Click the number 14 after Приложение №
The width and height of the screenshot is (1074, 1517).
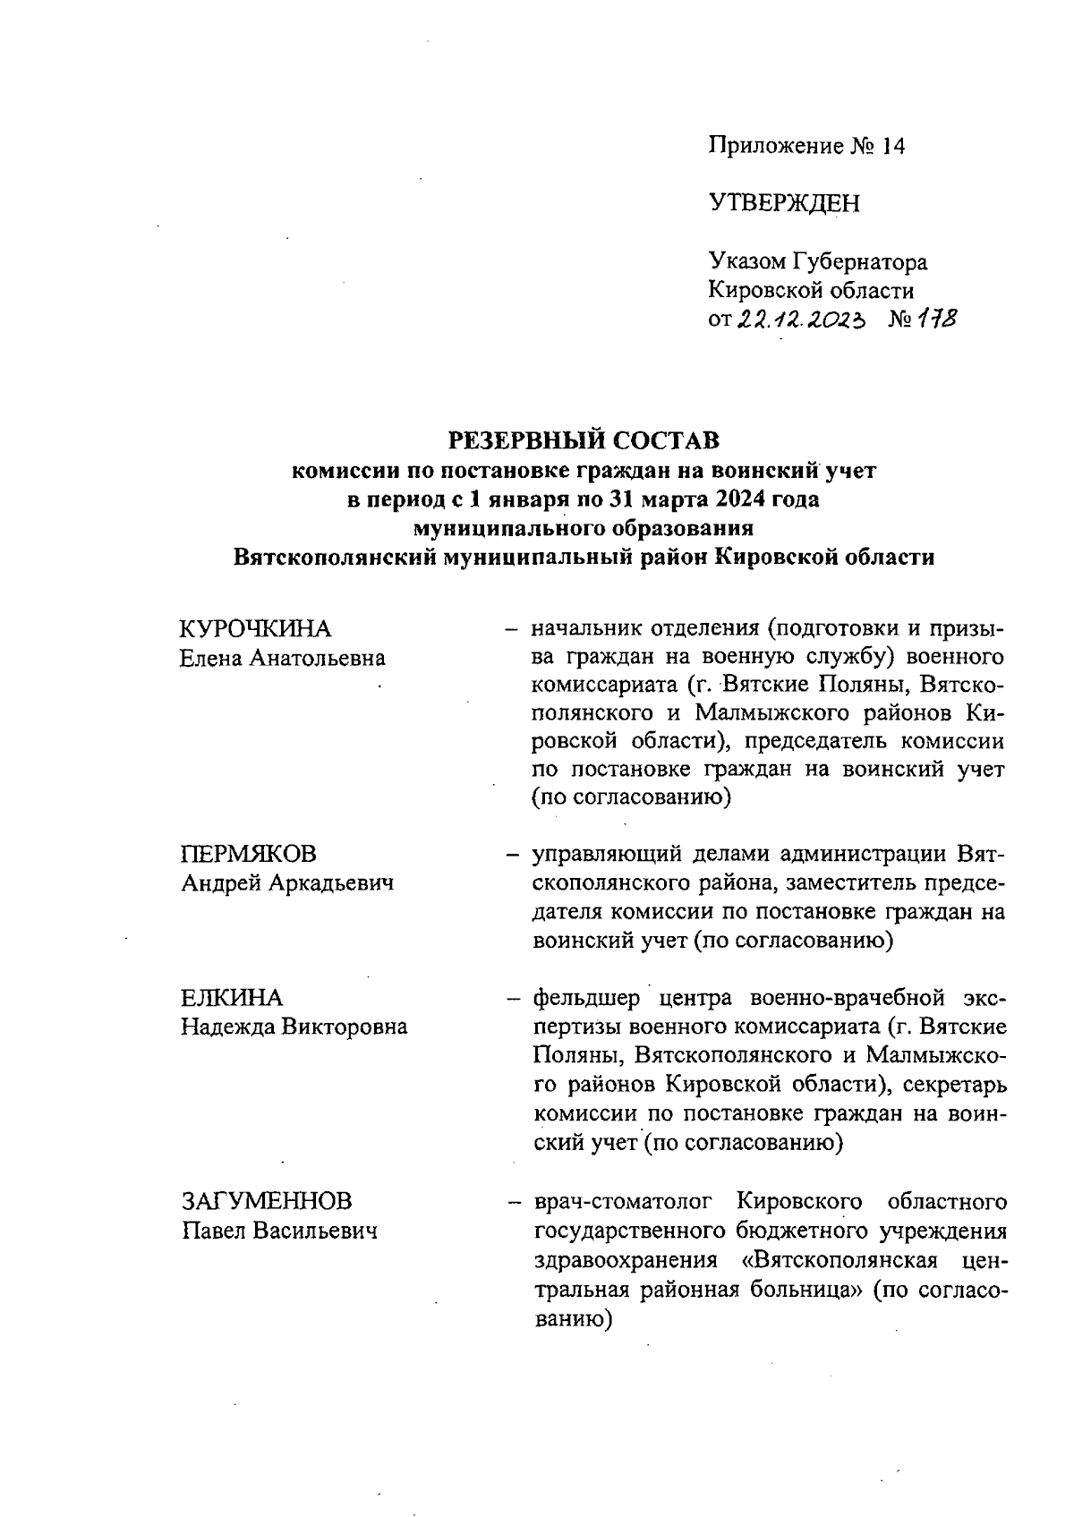[893, 146]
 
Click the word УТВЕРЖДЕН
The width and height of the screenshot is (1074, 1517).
[784, 203]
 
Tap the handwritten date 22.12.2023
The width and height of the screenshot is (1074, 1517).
[800, 320]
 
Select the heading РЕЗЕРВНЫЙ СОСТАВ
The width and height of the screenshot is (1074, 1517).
[583, 440]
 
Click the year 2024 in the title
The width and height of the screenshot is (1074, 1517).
[739, 499]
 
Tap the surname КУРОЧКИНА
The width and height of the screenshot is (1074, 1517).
[255, 628]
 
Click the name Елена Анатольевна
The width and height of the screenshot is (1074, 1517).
[282, 658]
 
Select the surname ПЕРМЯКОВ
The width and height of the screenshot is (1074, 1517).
[249, 853]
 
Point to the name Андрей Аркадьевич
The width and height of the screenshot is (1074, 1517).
[287, 882]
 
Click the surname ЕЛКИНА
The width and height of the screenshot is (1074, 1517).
[231, 997]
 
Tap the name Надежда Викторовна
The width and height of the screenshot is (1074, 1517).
[294, 1026]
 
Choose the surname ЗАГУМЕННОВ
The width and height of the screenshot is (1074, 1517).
[267, 1200]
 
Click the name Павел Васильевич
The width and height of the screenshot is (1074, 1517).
[279, 1230]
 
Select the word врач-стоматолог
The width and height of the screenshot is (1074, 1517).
[626, 1200]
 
